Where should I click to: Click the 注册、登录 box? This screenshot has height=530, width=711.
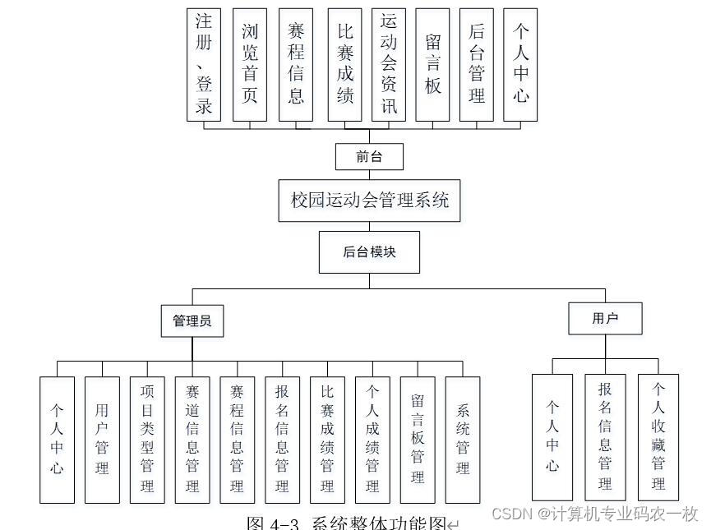(x=204, y=65)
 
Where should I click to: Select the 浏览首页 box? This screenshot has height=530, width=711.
(x=249, y=65)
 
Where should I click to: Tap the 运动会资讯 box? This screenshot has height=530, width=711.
(x=388, y=65)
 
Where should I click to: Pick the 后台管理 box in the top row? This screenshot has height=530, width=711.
(x=476, y=65)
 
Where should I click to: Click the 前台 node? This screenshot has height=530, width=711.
(x=369, y=156)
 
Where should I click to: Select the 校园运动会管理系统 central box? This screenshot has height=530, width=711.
(x=369, y=200)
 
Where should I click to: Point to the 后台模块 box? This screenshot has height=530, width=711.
(x=369, y=251)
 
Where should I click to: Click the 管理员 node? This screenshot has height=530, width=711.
(x=192, y=321)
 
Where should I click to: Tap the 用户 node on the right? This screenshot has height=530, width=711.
(x=605, y=319)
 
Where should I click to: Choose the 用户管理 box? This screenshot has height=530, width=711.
(x=102, y=440)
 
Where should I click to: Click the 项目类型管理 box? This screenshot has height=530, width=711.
(x=147, y=440)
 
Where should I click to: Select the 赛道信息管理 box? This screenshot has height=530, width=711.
(x=192, y=440)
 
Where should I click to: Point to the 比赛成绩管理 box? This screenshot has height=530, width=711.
(x=327, y=440)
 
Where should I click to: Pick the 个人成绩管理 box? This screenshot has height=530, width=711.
(x=372, y=440)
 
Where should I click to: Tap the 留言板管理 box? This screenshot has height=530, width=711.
(x=418, y=440)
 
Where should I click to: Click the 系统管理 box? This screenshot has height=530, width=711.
(x=463, y=440)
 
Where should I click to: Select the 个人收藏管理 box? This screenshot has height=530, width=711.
(x=658, y=437)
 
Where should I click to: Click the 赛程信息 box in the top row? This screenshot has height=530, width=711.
(x=296, y=65)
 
